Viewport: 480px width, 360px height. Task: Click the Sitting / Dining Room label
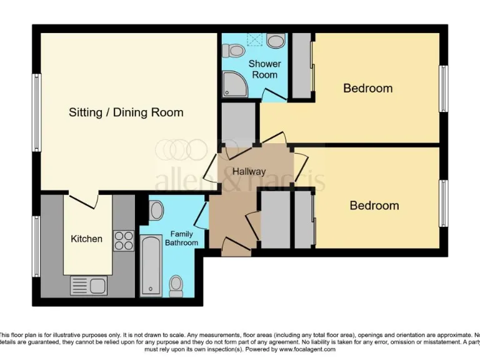click(x=126, y=112)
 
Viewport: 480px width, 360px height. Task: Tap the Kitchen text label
click(x=86, y=239)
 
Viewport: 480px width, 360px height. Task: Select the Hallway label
click(x=249, y=171)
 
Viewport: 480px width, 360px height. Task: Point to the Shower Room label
click(x=264, y=69)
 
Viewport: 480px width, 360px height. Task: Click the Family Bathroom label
click(x=181, y=238)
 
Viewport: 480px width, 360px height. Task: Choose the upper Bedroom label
click(x=367, y=88)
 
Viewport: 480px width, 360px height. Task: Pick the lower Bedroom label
click(x=374, y=205)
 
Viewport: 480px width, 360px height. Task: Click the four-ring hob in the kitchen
click(x=123, y=241)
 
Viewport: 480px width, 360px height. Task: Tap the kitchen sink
click(x=89, y=286)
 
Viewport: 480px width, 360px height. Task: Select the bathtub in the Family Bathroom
click(x=151, y=265)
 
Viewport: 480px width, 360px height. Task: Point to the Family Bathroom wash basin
click(x=156, y=210)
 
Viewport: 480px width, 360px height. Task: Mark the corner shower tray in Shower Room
click(x=234, y=85)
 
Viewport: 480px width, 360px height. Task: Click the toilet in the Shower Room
click(x=236, y=49)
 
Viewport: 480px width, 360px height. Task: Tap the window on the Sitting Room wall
click(x=37, y=112)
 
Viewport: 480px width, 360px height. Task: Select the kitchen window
click(x=37, y=246)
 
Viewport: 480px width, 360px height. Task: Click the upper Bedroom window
click(x=443, y=88)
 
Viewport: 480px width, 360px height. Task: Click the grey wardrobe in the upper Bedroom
click(x=302, y=66)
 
